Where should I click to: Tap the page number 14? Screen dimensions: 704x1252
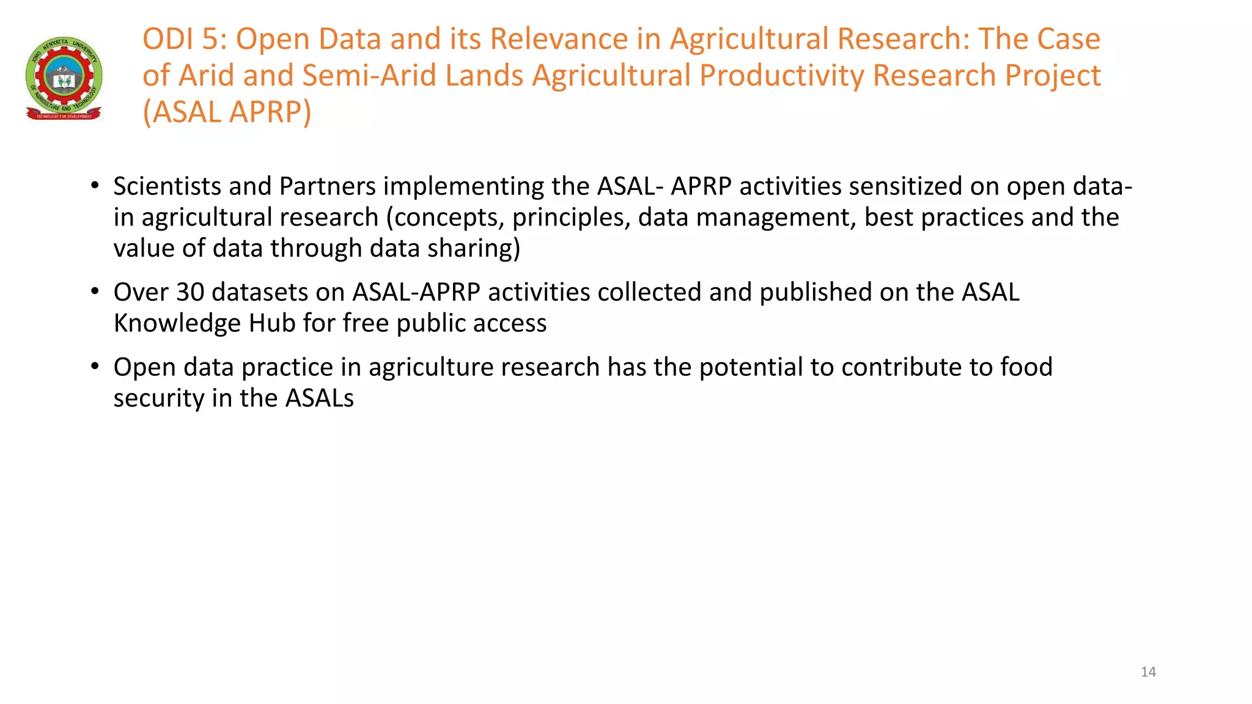pyautogui.click(x=1148, y=672)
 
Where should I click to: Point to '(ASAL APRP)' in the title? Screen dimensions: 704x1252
pyautogui.click(x=227, y=112)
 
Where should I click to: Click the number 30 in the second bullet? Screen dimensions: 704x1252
pyautogui.click(x=190, y=292)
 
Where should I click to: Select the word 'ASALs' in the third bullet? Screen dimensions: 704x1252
pyautogui.click(x=320, y=398)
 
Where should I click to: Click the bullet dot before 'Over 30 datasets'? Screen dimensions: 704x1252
pyautogui.click(x=95, y=291)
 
